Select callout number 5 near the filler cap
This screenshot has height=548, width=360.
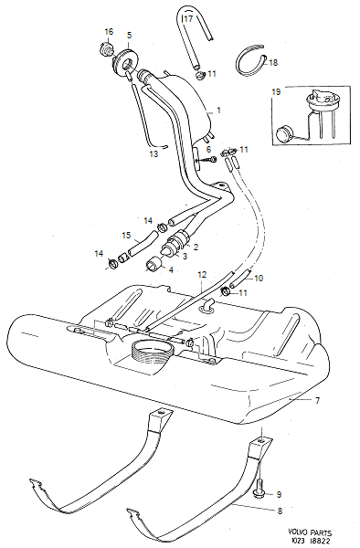[129, 36]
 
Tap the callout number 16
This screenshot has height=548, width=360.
[109, 32]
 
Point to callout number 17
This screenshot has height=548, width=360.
[188, 17]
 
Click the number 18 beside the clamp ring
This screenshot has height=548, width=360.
[273, 62]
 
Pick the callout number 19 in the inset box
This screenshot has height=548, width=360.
[276, 92]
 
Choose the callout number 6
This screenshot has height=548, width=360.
[208, 149]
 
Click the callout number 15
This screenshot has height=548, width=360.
[126, 234]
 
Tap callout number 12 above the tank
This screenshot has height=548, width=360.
[203, 273]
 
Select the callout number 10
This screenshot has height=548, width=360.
[259, 278]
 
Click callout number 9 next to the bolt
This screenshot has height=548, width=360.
[279, 494]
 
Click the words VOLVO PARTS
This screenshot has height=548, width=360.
[313, 530]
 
